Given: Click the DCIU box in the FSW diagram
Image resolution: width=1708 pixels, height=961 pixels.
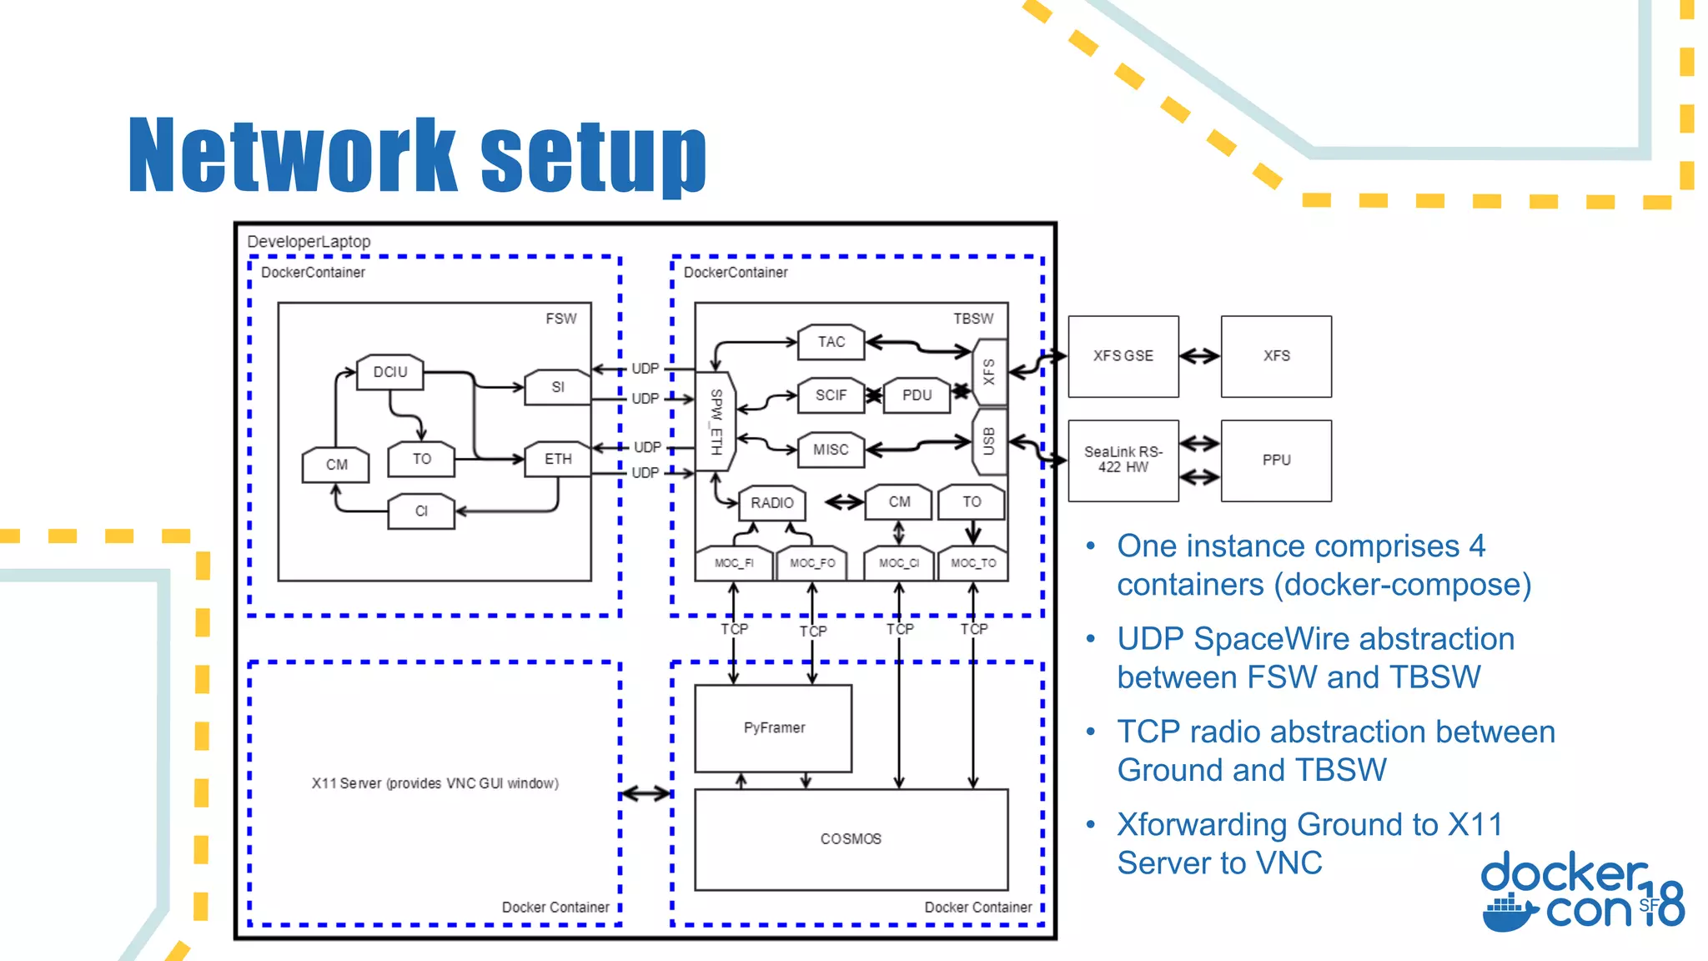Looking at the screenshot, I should pos(389,372).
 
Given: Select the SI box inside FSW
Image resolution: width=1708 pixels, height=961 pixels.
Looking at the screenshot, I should pos(557,387).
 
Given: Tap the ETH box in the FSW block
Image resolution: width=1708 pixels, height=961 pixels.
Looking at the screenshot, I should pos(557,459).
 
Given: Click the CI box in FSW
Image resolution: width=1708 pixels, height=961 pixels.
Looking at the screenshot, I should pos(421,511).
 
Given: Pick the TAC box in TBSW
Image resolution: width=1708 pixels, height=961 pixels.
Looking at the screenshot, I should pos(831,342).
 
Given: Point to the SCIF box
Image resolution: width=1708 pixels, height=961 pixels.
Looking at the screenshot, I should pos(831,395).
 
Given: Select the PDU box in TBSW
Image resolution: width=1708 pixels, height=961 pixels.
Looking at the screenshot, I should pos(917,395).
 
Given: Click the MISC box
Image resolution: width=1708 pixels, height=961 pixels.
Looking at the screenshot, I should pos(831,450).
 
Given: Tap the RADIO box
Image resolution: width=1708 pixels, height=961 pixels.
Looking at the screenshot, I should pos(771,503).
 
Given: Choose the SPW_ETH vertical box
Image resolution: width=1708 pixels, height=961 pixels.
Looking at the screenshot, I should pos(716,421).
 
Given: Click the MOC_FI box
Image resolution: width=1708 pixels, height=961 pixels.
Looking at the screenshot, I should pos(733,564).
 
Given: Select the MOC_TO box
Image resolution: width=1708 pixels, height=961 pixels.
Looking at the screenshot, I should pos(973,564).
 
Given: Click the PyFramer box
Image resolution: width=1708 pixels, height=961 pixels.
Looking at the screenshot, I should pos(773,728).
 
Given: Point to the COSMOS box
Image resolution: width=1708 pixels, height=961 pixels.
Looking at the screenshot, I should pos(851,839).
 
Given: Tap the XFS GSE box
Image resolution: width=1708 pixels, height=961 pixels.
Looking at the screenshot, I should pos(1123,356).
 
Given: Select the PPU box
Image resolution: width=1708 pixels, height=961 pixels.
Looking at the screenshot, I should pos(1276,460).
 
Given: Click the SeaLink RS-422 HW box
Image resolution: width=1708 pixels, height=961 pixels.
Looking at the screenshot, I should pos(1123,460).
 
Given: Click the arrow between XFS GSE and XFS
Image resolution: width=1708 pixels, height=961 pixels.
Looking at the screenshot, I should pos(1199,356).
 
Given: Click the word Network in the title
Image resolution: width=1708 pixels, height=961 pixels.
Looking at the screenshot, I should pos(292,156).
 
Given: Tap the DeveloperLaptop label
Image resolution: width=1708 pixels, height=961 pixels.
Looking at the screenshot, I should pos(309,242).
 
